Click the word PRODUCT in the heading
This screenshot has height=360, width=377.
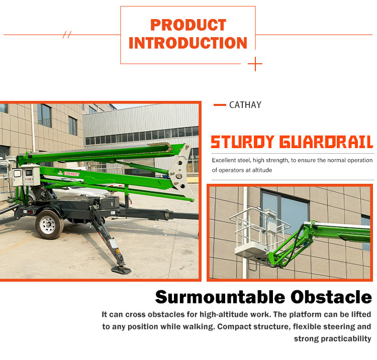[x=188, y=25]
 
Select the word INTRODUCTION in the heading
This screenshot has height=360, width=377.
[x=188, y=43]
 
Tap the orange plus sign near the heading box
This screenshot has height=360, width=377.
[x=255, y=64]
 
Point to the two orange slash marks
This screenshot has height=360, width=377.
[x=67, y=35]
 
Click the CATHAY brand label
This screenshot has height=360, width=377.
[x=245, y=105]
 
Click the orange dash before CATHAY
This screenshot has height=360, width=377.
[x=219, y=105]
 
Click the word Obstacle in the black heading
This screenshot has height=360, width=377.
[x=331, y=297]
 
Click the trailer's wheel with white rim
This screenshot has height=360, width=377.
[x=49, y=223]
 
